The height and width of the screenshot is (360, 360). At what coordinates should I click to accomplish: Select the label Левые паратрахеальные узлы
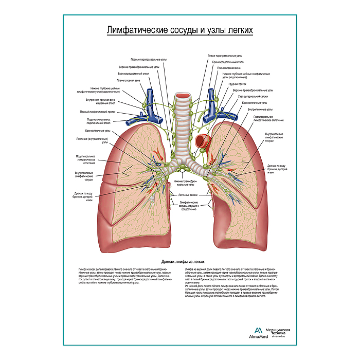(x=225, y=56)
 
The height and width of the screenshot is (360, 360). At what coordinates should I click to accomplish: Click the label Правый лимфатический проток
(x=96, y=112)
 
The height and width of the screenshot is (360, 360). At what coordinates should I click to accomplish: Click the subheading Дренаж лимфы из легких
(x=180, y=262)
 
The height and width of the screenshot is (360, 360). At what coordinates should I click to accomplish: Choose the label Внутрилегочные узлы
(x=260, y=109)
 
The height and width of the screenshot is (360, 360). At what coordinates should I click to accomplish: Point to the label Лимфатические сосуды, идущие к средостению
(x=189, y=207)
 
